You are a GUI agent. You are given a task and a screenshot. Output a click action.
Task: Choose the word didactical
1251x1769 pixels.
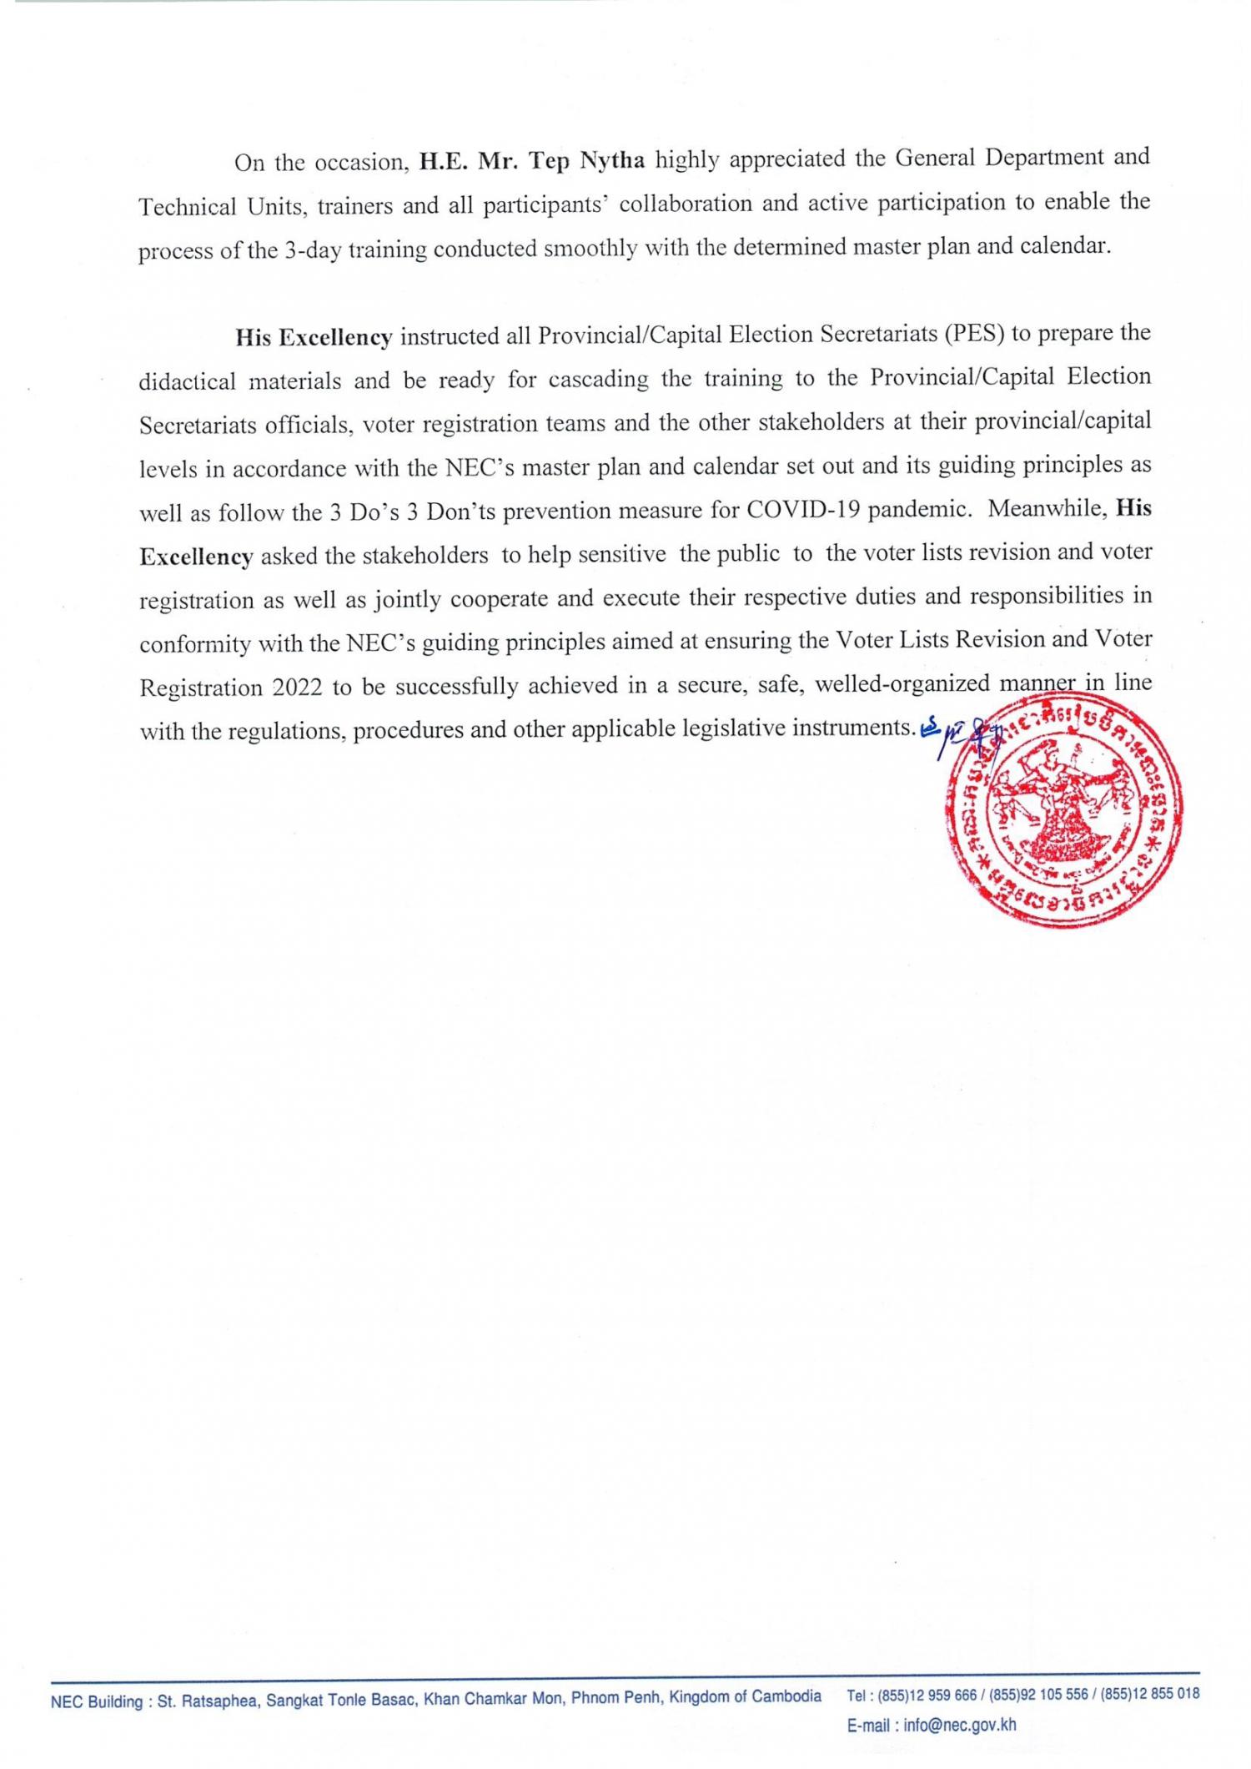coord(188,381)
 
